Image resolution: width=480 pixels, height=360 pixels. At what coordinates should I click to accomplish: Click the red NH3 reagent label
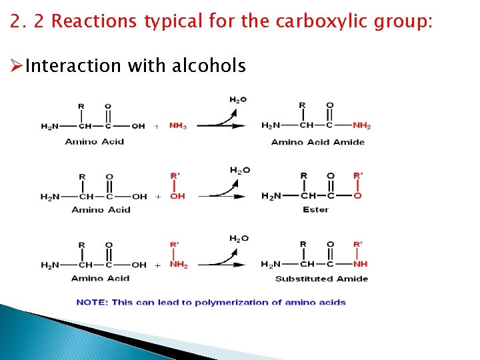tap(177, 125)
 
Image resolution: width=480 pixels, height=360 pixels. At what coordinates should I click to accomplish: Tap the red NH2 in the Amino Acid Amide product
tap(361, 125)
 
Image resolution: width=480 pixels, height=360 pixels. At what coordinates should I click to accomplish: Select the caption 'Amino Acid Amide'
tap(317, 142)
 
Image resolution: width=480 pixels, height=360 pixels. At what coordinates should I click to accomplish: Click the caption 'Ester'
tap(315, 209)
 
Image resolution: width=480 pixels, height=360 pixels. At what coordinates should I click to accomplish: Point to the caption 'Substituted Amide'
tap(321, 279)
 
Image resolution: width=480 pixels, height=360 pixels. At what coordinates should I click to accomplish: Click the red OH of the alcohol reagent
tap(177, 197)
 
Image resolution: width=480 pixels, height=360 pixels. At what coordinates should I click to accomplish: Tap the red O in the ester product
tap(357, 196)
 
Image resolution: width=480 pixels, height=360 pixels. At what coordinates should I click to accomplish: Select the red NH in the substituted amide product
tap(360, 265)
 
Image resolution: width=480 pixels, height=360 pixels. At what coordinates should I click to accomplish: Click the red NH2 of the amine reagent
tap(178, 265)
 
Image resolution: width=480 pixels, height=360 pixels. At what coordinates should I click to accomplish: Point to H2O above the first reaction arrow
tap(238, 100)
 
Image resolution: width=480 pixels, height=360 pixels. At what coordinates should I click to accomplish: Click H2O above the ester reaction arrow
tap(239, 170)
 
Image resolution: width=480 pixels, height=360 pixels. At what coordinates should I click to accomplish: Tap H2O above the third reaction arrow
tap(239, 239)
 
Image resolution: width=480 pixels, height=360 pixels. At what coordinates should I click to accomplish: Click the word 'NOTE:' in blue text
tap(92, 302)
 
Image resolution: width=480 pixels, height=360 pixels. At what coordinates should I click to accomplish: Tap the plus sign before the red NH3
tap(157, 126)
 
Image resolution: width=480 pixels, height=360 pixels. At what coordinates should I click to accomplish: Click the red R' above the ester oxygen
tap(358, 176)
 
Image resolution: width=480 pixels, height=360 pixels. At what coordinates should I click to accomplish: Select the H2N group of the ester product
tap(271, 196)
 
